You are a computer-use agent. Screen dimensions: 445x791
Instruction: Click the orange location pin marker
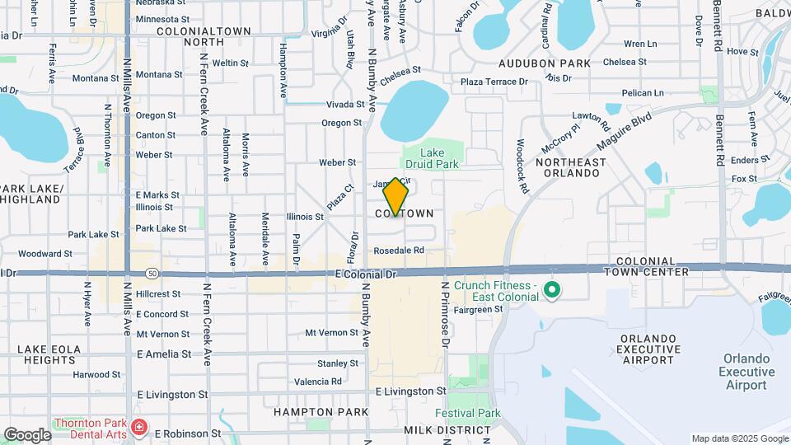click(x=396, y=197)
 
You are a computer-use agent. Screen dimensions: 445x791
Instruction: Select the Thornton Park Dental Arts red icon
click(x=139, y=428)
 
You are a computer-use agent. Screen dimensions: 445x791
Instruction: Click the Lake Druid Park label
click(x=432, y=159)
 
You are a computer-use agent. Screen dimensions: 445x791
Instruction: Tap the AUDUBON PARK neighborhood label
click(x=545, y=63)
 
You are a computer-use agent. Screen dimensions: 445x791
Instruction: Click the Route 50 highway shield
click(x=152, y=273)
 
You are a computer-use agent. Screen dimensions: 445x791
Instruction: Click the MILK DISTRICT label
click(x=436, y=431)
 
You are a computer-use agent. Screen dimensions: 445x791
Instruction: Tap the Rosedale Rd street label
click(x=398, y=250)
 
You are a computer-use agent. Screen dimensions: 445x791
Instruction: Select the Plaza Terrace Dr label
click(x=494, y=82)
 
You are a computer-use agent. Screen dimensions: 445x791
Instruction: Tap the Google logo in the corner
click(x=27, y=434)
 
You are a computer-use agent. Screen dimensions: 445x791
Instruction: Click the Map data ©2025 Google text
click(x=739, y=438)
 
